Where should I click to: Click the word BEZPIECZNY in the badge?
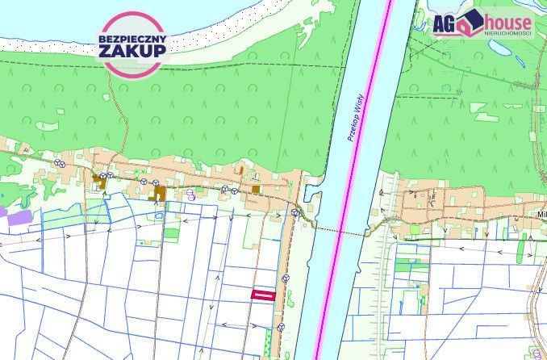click(x=132, y=37)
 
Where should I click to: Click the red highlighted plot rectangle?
click(x=264, y=295)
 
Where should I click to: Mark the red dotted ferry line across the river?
click(x=339, y=232)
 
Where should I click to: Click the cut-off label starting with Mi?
click(x=541, y=216)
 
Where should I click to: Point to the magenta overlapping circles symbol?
click(x=191, y=194)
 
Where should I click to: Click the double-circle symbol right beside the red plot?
click(x=284, y=278)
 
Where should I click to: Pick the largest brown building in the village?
click(x=160, y=194)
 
